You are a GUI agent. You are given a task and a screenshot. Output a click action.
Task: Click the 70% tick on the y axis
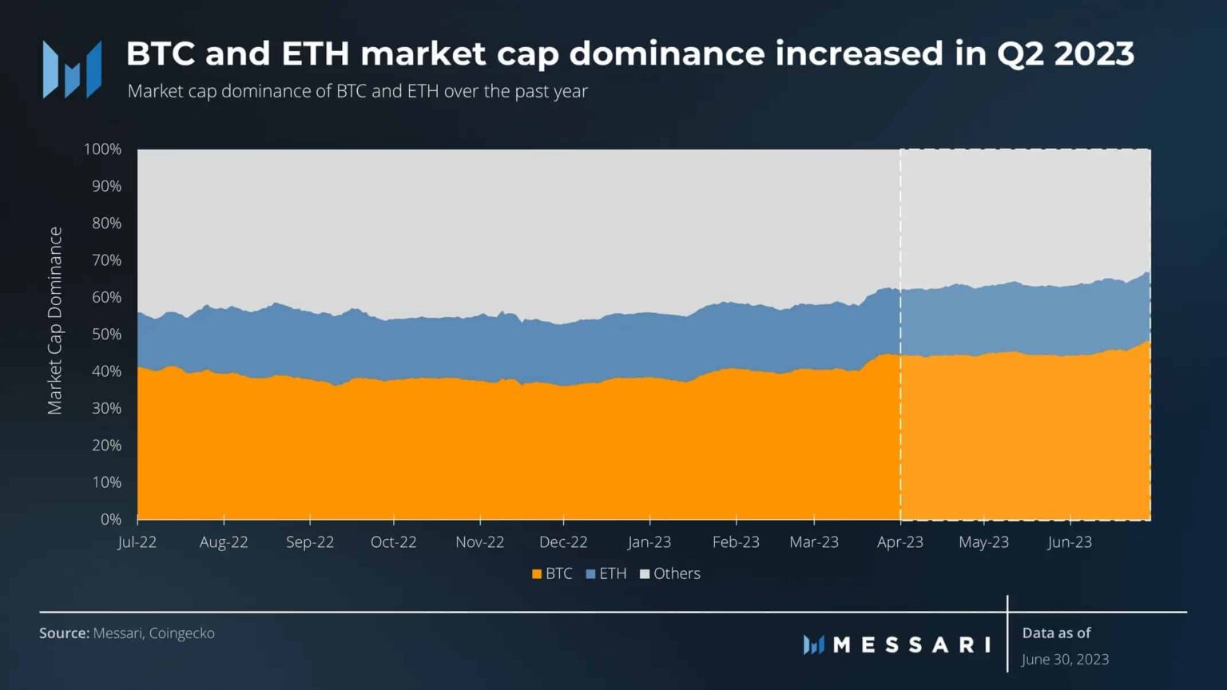pyautogui.click(x=106, y=260)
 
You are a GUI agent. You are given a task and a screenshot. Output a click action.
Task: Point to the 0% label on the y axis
pyautogui.click(x=110, y=519)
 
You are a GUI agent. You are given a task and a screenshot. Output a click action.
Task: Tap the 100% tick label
pyautogui.click(x=102, y=149)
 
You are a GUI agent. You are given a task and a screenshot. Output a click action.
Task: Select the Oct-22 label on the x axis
pyautogui.click(x=393, y=542)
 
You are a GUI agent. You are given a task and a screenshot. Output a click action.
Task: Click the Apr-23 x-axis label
pyautogui.click(x=899, y=542)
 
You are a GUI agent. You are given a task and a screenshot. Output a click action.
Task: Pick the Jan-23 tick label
pyautogui.click(x=649, y=542)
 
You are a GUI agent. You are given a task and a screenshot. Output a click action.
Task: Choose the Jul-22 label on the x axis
pyautogui.click(x=137, y=542)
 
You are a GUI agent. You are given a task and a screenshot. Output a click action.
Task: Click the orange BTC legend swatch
pyautogui.click(x=537, y=574)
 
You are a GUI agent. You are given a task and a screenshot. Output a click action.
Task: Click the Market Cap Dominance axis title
pyautogui.click(x=54, y=321)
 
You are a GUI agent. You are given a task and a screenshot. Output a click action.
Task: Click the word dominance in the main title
pyautogui.click(x=666, y=54)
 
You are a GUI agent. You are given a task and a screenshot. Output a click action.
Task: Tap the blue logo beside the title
pyautogui.click(x=72, y=69)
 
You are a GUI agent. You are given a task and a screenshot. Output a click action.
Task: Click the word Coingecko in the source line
pyautogui.click(x=181, y=633)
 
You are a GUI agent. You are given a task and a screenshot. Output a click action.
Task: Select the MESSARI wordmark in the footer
pyautogui.click(x=911, y=644)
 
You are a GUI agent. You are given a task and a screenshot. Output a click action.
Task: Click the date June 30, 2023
pyautogui.click(x=1065, y=660)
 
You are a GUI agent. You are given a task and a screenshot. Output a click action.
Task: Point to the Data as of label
pyautogui.click(x=1056, y=633)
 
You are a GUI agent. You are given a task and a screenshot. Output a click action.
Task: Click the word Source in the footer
pyautogui.click(x=64, y=633)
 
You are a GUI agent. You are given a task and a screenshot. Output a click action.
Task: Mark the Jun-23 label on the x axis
pyautogui.click(x=1069, y=542)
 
